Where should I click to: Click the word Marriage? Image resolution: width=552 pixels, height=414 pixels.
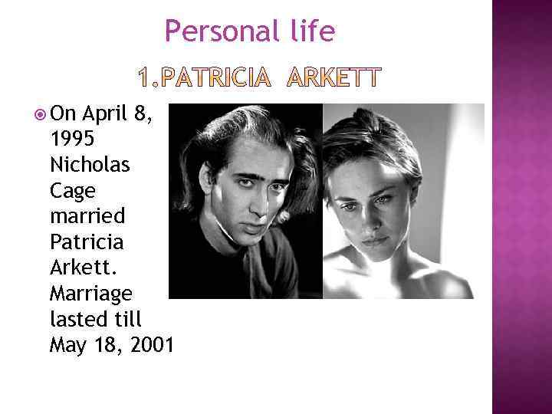point(90,294)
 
